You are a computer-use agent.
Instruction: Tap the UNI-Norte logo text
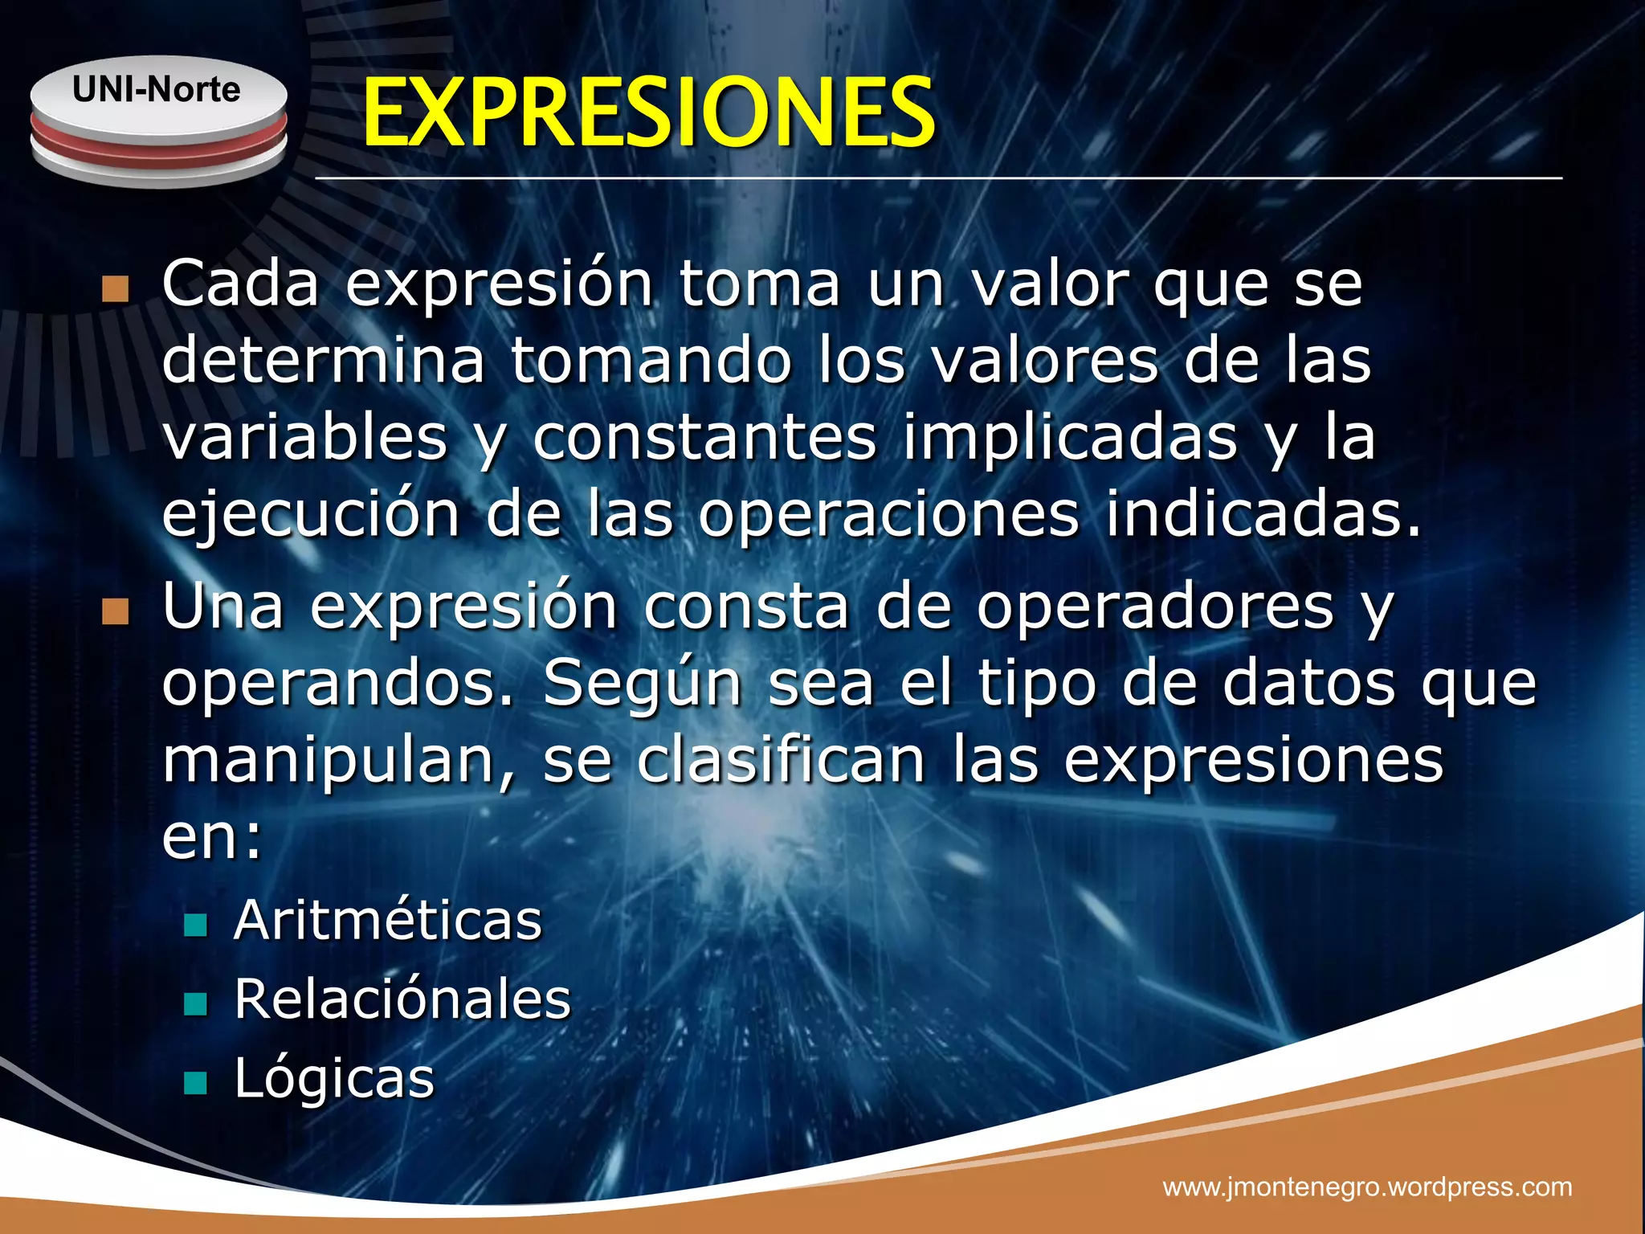coord(156,89)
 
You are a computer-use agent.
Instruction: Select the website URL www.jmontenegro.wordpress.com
coord(1367,1187)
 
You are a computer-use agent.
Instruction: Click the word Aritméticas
coord(388,920)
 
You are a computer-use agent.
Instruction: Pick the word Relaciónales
coord(402,999)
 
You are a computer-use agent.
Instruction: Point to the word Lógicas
coord(334,1078)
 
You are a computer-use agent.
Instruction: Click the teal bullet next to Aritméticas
coord(195,925)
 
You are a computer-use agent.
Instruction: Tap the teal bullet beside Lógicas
coord(195,1083)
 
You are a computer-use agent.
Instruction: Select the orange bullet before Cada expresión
coord(116,289)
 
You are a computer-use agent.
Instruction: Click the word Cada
coord(240,284)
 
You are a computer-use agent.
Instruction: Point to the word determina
coord(323,360)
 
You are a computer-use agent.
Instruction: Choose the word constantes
coord(704,438)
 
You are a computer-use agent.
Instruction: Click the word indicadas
coord(1263,514)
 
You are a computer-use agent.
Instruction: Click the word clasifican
coord(781,760)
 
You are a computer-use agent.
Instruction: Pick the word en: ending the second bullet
coord(212,837)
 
